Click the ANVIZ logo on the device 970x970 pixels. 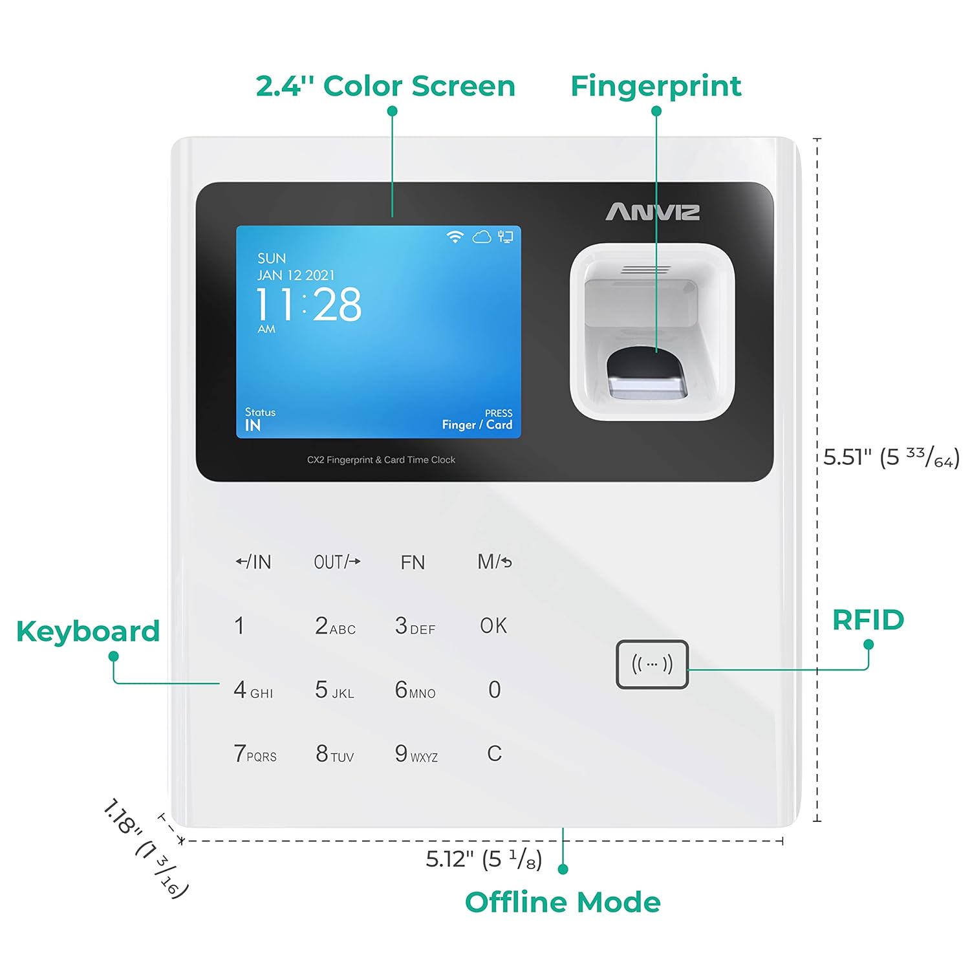(652, 212)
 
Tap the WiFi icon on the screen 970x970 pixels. (455, 237)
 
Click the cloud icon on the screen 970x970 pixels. (482, 237)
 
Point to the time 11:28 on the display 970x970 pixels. (308, 305)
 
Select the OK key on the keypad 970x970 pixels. (493, 625)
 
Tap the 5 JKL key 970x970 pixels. (334, 690)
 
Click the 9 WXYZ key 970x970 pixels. (416, 754)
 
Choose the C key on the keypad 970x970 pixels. (494, 753)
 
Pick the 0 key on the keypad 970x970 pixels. (495, 690)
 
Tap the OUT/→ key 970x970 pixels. (337, 562)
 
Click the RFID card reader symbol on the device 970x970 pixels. (652, 664)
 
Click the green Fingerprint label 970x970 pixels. (656, 86)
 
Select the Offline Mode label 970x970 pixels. (563, 902)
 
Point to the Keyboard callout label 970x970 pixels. (88, 632)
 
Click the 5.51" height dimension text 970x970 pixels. (891, 457)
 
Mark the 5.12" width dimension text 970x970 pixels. (484, 859)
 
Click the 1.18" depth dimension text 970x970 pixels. (145, 848)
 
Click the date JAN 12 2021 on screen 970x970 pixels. (296, 275)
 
